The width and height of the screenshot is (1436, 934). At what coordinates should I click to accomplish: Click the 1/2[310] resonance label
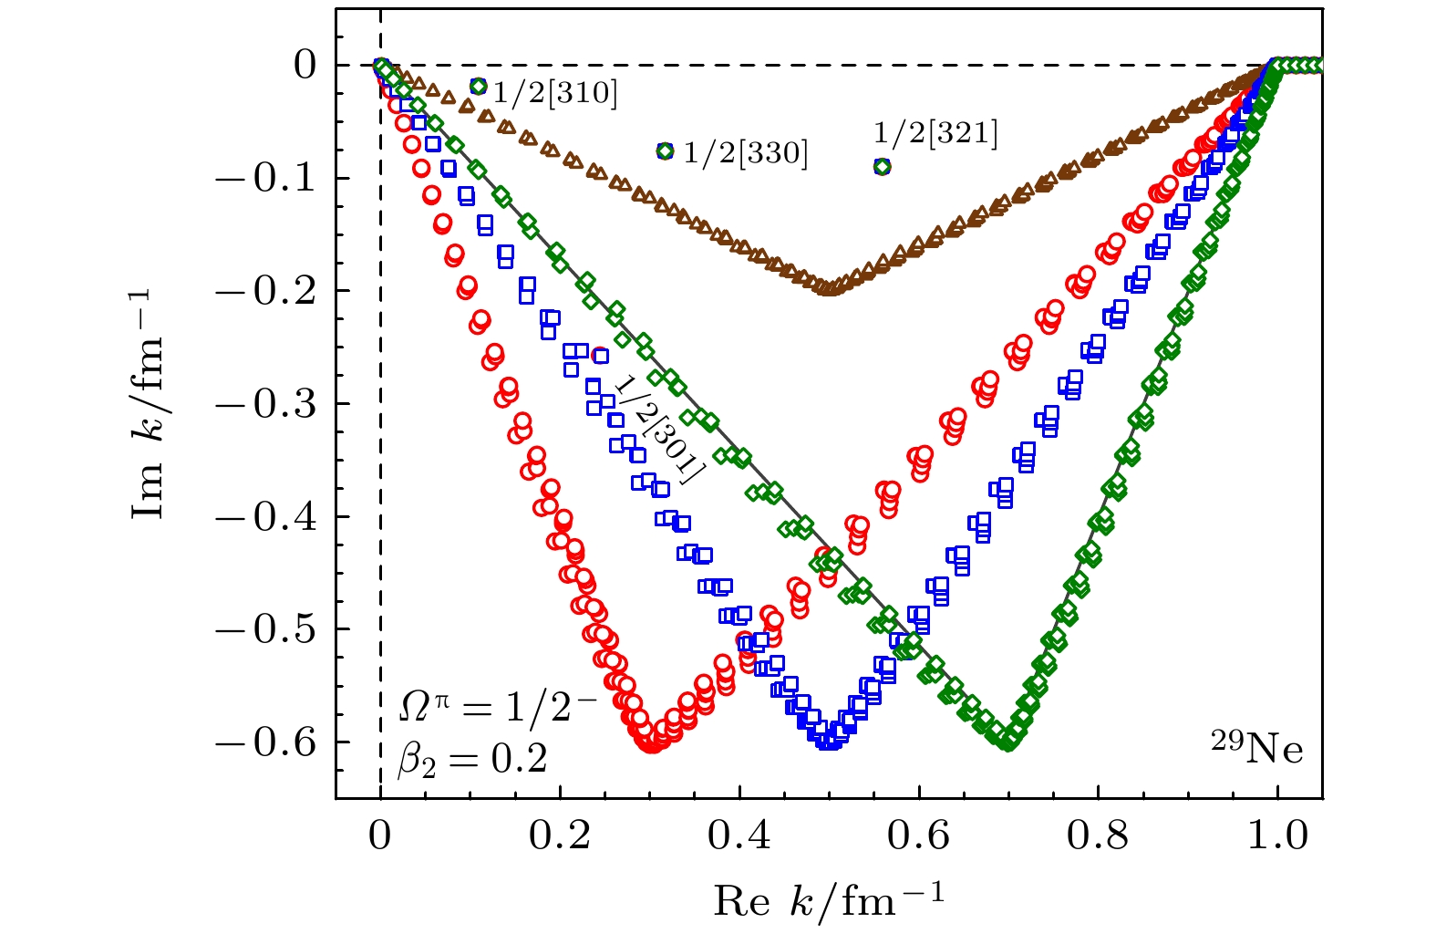tap(556, 92)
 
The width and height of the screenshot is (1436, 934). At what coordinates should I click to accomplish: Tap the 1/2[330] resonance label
tap(746, 153)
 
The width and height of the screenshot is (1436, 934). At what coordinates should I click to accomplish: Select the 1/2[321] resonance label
tap(935, 133)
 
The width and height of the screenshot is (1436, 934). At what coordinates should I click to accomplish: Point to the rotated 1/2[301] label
tap(658, 430)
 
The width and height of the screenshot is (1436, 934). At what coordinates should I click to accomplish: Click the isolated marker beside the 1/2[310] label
tap(479, 87)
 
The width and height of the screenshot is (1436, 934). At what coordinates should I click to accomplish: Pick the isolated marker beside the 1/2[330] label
tap(665, 151)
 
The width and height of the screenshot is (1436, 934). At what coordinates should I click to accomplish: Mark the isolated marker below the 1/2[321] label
tap(882, 167)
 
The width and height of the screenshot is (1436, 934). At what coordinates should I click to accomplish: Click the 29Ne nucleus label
tap(1256, 748)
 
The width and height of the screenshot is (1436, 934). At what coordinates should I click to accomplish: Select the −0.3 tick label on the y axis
tap(265, 404)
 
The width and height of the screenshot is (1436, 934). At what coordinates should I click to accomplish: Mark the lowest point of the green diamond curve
tap(1007, 743)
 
